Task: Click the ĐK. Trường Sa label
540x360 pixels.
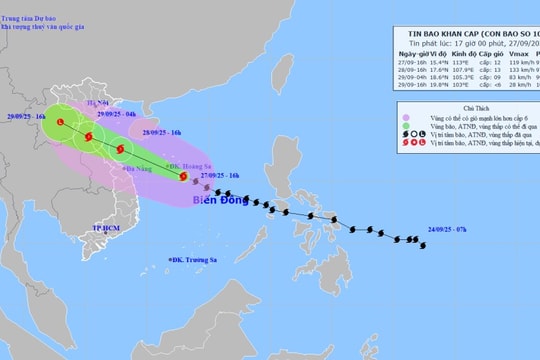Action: [195, 262]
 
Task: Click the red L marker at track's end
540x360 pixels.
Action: [61, 122]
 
